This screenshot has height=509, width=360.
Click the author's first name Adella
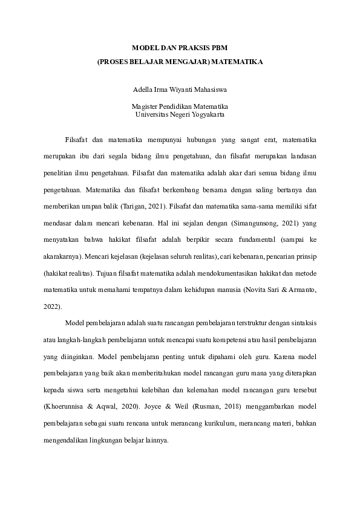click(142, 89)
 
